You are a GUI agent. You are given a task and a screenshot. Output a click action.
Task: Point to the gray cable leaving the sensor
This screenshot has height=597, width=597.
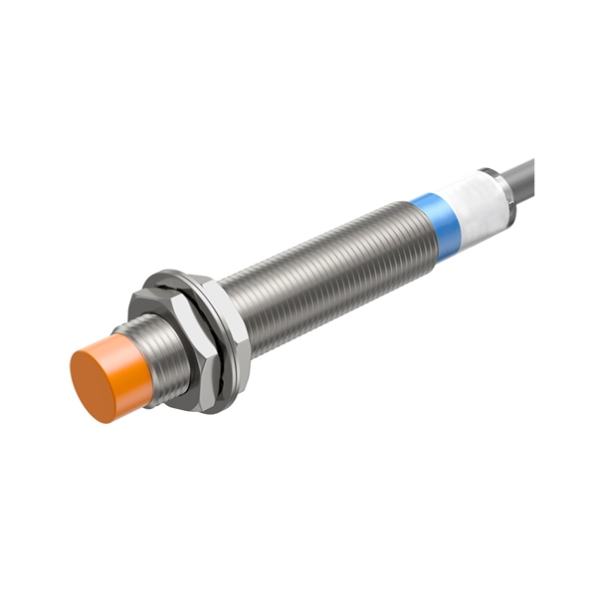[x=523, y=180]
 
